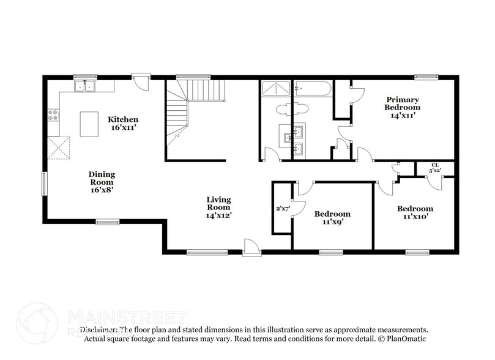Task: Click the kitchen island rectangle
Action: (89, 124)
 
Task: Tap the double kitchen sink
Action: (85, 86)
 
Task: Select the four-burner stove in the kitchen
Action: (53, 114)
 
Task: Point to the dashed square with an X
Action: (59, 148)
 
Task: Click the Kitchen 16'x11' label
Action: (123, 124)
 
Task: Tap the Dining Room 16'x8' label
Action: (102, 182)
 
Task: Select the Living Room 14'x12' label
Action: (218, 207)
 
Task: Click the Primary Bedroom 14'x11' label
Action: (402, 107)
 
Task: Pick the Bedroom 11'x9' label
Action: (332, 217)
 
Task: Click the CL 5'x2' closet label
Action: (435, 167)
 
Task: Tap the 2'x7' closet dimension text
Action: (283, 209)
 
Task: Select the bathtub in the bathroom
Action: (313, 89)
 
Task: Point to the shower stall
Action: (277, 89)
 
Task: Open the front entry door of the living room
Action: (251, 248)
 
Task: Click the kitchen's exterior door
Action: (141, 81)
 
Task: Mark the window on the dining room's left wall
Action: (43, 183)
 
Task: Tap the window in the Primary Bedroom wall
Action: (426, 77)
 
